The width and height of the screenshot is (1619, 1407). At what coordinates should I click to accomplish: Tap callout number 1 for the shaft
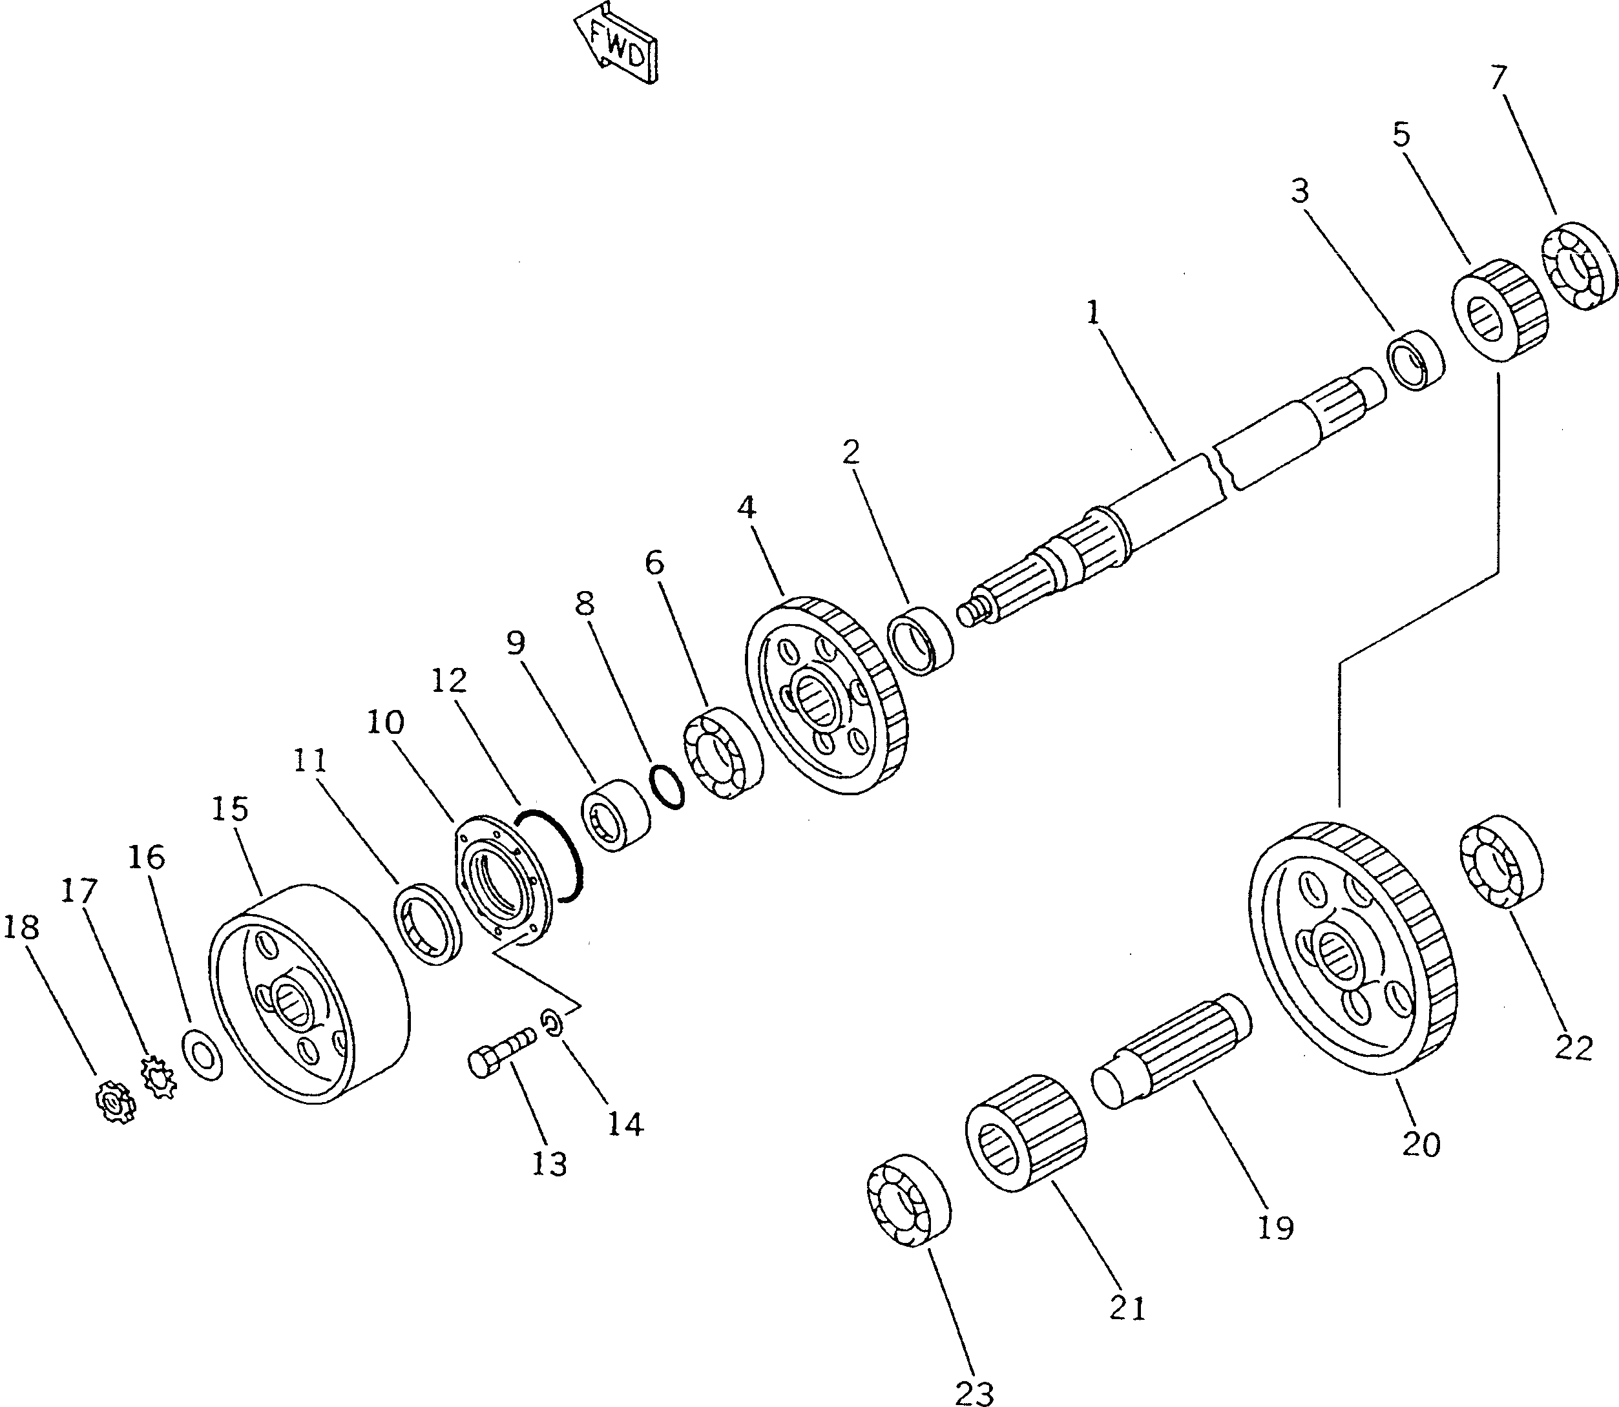(1093, 313)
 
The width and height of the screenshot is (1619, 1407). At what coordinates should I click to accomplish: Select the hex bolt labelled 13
(500, 1051)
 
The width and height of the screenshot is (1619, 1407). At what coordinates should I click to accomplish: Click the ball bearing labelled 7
(1579, 267)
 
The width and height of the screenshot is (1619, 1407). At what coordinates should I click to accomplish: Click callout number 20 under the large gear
(1421, 1145)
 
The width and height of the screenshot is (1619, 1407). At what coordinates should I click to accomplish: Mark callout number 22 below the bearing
(1574, 1048)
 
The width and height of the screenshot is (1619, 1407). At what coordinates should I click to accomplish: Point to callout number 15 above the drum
(230, 809)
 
